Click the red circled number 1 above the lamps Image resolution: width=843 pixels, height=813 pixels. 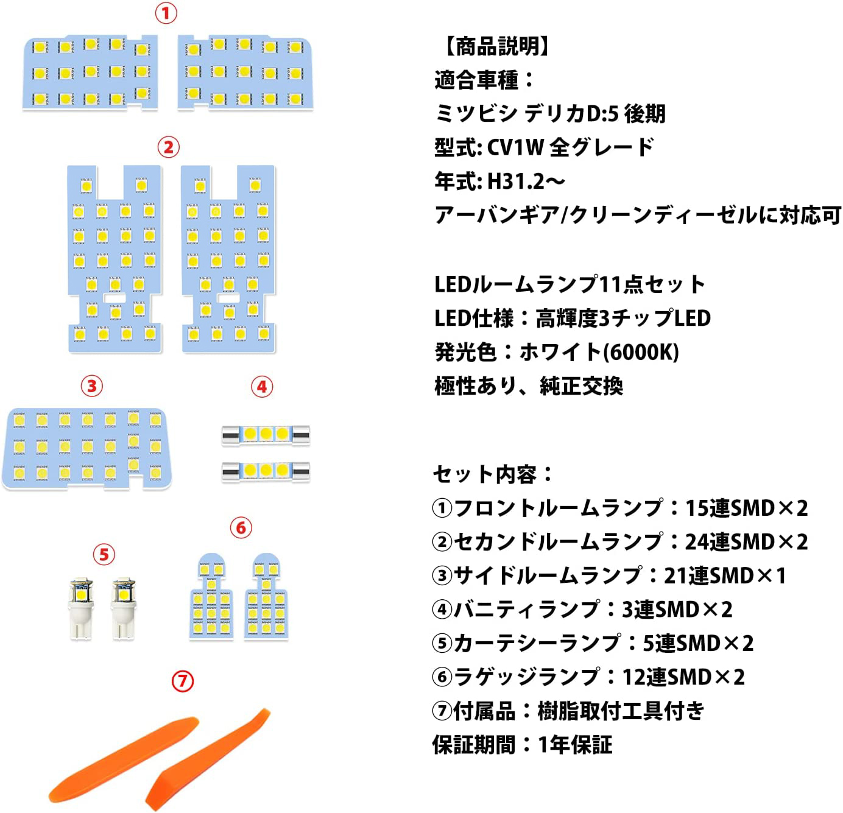[166, 14]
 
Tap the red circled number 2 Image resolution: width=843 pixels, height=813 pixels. [168, 147]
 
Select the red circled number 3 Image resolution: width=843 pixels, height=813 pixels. [92, 385]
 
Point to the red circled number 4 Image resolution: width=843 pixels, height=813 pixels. [262, 386]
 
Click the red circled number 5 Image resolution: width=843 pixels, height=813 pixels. [104, 554]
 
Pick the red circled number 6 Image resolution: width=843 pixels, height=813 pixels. [241, 527]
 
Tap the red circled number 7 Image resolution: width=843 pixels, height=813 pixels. [182, 681]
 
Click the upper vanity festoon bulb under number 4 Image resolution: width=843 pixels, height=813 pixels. [266, 434]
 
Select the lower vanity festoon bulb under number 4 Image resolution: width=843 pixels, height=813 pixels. [266, 471]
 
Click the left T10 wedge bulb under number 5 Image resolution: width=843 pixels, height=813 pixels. [81, 608]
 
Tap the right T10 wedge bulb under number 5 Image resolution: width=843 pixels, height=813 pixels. [124, 608]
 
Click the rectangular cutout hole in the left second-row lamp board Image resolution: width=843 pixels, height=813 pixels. [115, 298]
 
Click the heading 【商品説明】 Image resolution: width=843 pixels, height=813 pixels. [497, 46]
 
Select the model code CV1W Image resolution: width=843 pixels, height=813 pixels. [515, 148]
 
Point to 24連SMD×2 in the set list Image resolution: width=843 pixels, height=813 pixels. [746, 541]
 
